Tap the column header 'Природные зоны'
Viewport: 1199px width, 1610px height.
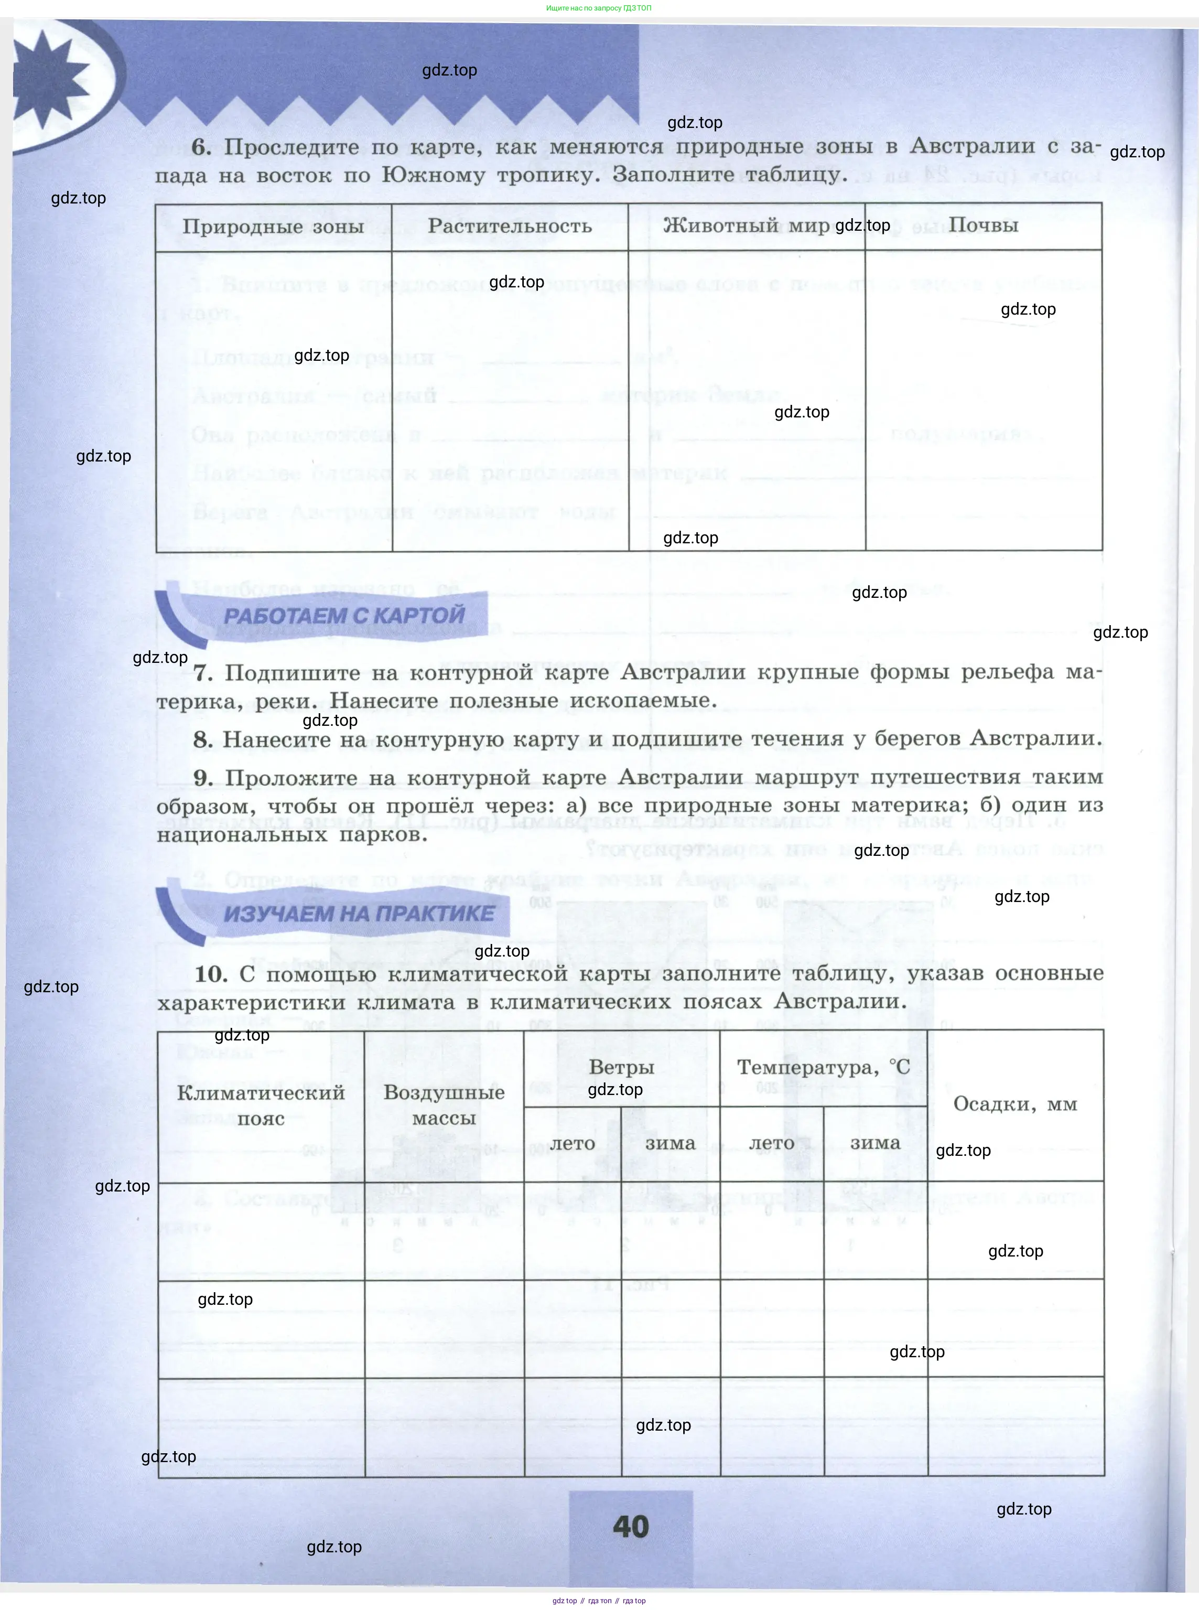273,227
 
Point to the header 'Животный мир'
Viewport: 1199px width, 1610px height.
746,226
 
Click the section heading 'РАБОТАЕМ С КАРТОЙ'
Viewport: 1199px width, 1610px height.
343,615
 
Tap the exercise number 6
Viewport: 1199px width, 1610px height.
201,147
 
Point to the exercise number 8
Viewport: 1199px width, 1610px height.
202,739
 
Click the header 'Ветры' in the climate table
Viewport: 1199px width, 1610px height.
621,1067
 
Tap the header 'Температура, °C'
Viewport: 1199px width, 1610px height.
823,1067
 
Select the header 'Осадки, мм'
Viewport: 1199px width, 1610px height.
1014,1104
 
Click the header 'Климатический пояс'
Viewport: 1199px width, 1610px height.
261,1105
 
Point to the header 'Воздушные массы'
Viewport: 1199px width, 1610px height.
444,1105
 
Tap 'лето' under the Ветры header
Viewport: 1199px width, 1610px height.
572,1143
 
